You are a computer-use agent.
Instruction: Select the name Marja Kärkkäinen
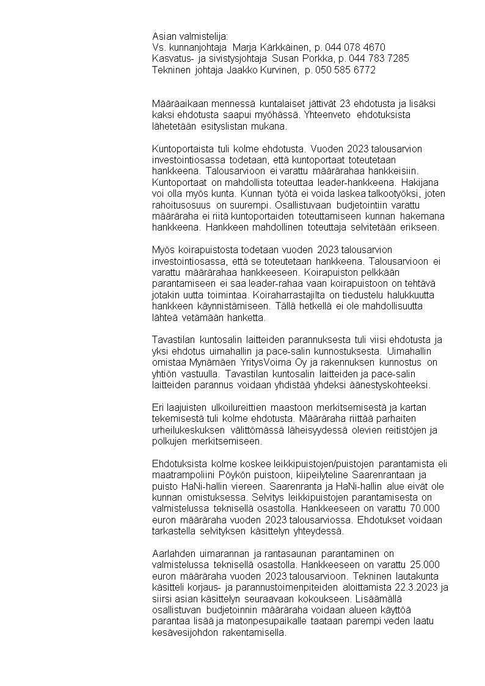[267, 47]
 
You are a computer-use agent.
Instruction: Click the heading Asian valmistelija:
[190, 36]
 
